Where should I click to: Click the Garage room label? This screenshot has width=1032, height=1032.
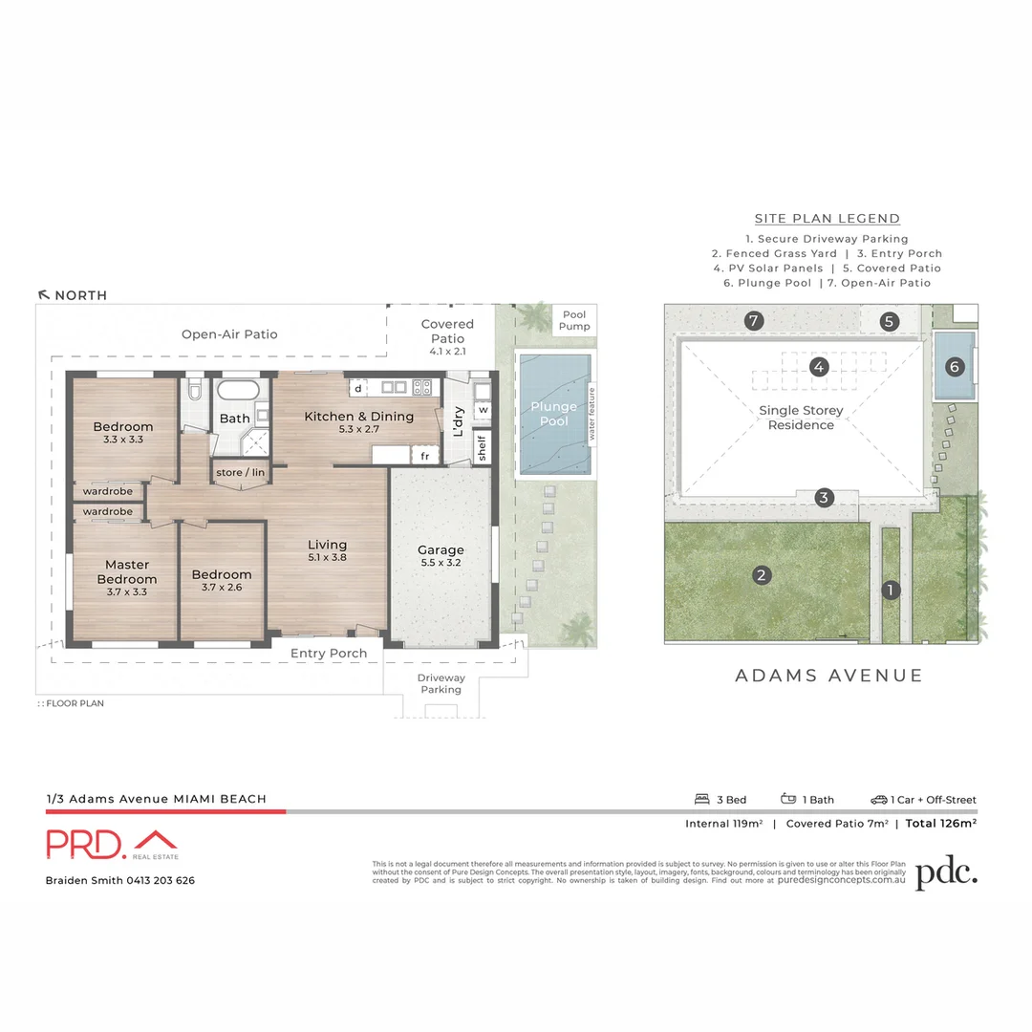441,550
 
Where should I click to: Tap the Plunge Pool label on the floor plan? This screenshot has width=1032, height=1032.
554,414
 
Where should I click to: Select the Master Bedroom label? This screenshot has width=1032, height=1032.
127,571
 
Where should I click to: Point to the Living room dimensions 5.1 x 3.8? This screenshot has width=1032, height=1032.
327,557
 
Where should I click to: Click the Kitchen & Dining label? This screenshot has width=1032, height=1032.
358,417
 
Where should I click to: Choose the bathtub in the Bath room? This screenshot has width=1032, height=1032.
235,392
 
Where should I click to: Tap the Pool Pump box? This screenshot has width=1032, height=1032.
575,320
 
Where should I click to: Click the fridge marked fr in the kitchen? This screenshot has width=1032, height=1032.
423,457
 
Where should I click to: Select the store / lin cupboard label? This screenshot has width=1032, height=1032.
241,473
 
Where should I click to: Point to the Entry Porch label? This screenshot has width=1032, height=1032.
329,654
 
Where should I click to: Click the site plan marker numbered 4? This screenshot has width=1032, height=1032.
818,366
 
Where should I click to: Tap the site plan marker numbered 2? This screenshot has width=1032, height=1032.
762,574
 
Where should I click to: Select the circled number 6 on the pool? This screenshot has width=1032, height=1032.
955,366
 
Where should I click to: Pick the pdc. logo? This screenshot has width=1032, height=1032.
946,874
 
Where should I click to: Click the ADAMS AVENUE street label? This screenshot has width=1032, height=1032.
828,676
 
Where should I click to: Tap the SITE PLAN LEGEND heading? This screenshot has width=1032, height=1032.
827,219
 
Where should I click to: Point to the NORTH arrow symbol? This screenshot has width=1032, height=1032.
43,295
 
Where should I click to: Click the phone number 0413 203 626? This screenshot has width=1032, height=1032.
160,880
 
